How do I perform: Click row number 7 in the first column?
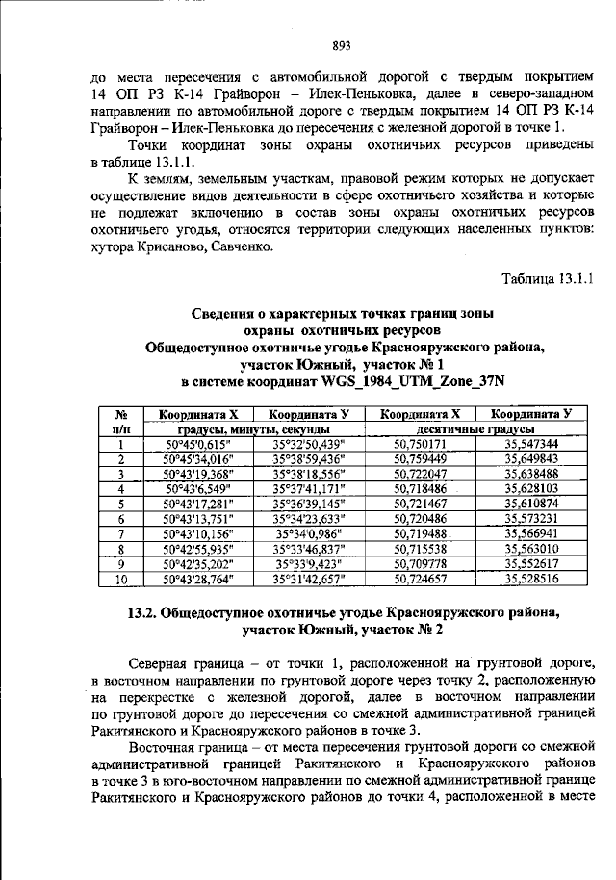coord(121,533)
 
